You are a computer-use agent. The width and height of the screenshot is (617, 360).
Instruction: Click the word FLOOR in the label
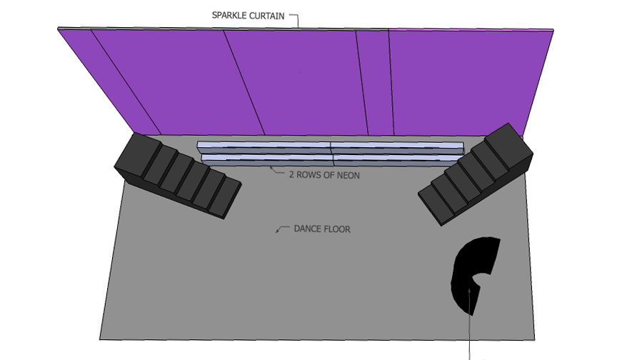(x=337, y=229)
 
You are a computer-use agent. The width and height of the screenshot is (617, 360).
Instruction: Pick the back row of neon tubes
(x=330, y=146)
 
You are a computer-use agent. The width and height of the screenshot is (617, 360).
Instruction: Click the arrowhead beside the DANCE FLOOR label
(x=279, y=230)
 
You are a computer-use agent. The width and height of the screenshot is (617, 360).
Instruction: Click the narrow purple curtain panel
(x=373, y=82)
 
